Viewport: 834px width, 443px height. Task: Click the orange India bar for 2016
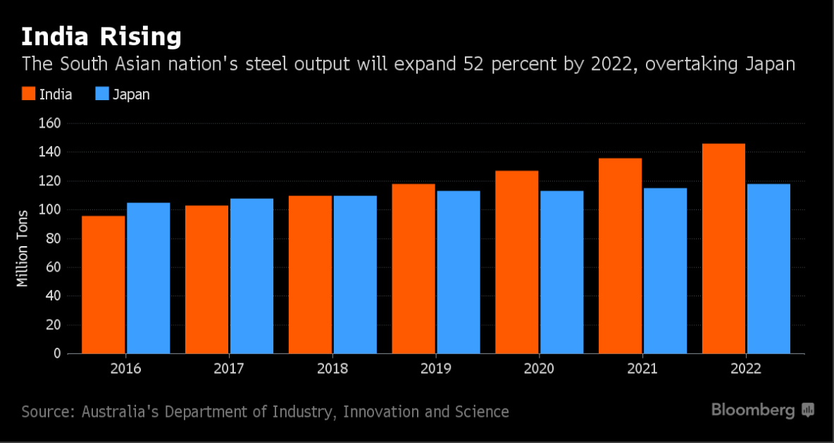(x=104, y=284)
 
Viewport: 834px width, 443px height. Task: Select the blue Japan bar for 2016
(x=149, y=278)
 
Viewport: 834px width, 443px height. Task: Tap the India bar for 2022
(x=723, y=248)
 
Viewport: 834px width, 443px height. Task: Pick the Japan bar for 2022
(x=768, y=268)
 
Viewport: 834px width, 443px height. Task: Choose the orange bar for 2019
(x=413, y=268)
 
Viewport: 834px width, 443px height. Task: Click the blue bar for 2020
(x=562, y=272)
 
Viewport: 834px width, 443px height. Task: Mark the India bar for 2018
(x=310, y=274)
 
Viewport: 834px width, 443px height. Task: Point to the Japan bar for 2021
(x=665, y=270)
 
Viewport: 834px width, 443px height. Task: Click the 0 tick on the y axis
(x=58, y=353)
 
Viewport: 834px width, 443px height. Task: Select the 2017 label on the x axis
(x=229, y=369)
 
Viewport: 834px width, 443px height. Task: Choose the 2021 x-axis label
(x=642, y=369)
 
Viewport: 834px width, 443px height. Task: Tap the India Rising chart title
(x=101, y=36)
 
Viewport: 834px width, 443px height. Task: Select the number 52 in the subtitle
(x=476, y=64)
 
